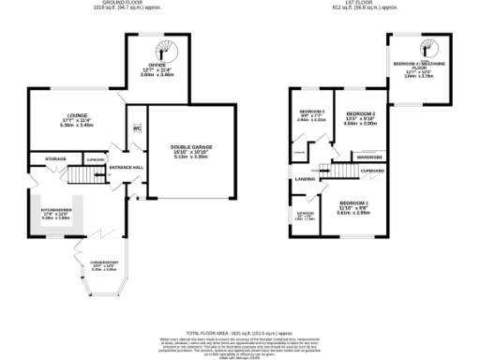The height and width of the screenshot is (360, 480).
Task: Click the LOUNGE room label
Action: [66, 116]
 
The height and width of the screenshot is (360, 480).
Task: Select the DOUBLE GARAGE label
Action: [190, 147]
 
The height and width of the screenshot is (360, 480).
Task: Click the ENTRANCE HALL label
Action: [126, 167]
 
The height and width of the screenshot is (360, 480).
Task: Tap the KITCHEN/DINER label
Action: [52, 210]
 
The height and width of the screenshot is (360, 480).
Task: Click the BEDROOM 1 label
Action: [354, 203]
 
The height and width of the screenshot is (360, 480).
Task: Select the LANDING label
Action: [306, 178]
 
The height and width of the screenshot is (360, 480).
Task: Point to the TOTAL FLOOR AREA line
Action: [240, 333]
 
